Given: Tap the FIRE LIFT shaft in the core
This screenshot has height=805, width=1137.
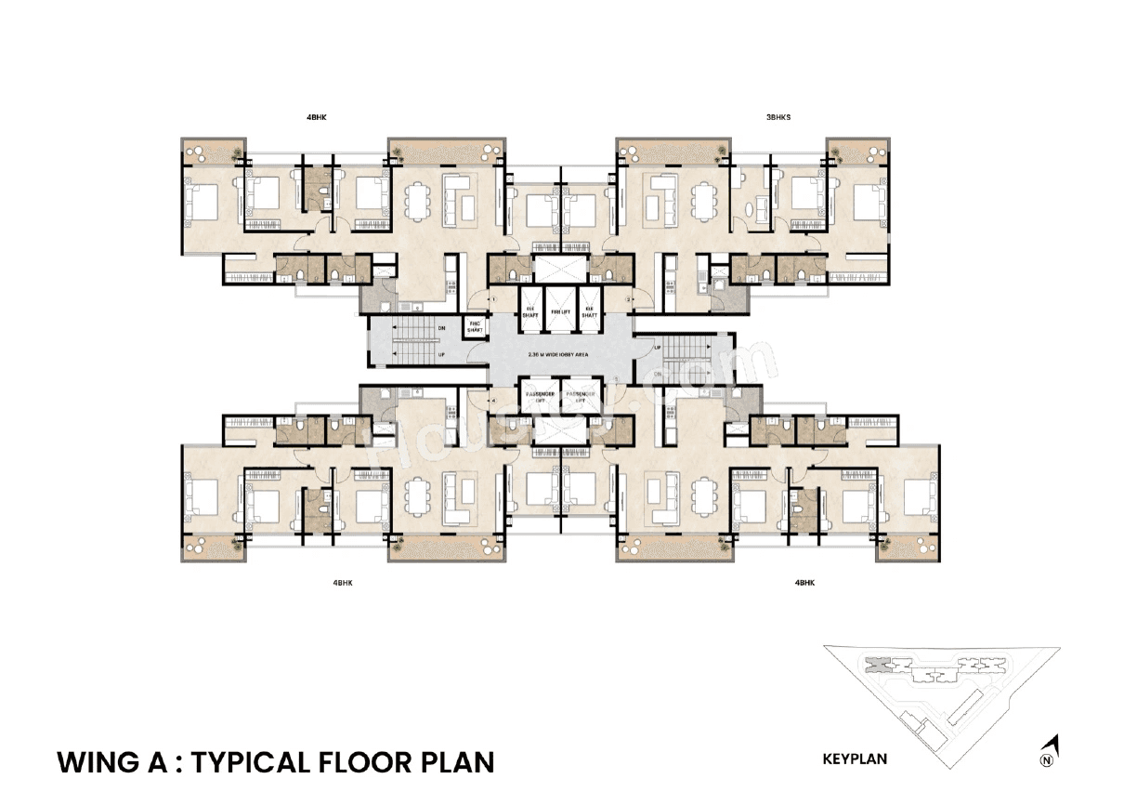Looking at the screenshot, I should point(560,313).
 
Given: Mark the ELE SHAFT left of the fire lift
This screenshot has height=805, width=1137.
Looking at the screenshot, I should point(531,313).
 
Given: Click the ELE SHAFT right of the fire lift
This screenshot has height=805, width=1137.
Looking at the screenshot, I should point(589,313).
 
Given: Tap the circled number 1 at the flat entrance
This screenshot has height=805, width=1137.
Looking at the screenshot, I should point(494,299).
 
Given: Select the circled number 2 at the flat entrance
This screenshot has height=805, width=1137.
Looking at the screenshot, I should point(629,299).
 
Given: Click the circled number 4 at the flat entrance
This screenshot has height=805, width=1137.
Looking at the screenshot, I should point(494,402).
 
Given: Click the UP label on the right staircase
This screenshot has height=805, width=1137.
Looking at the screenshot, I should point(657,347).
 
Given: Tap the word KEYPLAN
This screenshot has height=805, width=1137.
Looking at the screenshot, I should point(855,759).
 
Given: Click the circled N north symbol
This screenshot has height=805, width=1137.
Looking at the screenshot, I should point(1047,760).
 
